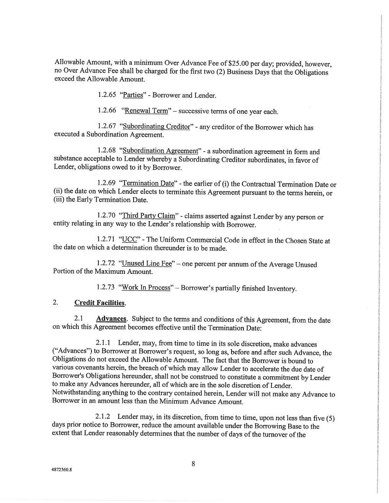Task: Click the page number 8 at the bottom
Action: [x=194, y=464]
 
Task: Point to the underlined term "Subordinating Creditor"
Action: [x=156, y=127]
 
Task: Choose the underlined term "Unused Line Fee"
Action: [x=146, y=264]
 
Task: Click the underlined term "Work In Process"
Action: [x=145, y=288]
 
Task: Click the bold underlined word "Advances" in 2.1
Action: [x=111, y=319]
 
